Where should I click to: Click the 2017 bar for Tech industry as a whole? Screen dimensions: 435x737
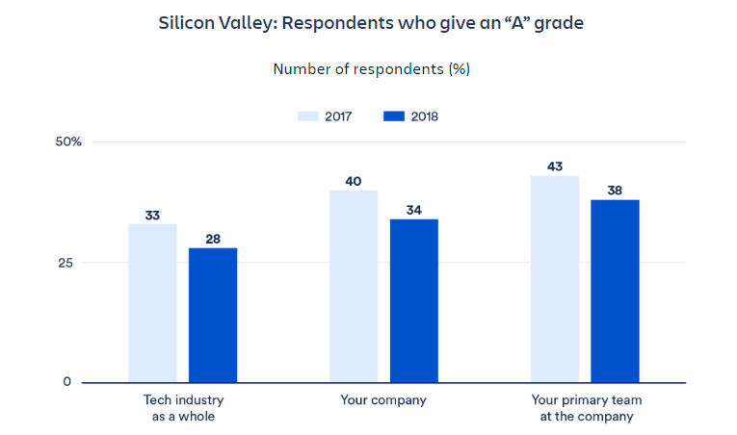[x=152, y=303]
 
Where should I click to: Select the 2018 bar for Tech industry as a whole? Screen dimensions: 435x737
[x=213, y=315]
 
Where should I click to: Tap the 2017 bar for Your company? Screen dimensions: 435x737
[x=354, y=286]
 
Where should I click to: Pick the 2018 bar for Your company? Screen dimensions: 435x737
[x=414, y=300]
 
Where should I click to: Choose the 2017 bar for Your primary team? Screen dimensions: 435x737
[x=555, y=279]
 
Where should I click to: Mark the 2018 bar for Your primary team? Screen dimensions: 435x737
[x=616, y=291]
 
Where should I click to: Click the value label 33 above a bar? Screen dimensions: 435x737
[x=152, y=216]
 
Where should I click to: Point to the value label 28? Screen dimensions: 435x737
[x=213, y=240]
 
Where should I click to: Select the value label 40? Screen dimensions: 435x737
[x=354, y=182]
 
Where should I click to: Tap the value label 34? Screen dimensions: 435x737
[x=414, y=211]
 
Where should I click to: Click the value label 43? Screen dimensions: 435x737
[x=555, y=166]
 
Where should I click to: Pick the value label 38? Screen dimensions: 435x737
[x=616, y=191]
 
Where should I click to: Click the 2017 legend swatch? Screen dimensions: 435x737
[x=307, y=116]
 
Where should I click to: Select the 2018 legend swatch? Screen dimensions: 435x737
[x=394, y=116]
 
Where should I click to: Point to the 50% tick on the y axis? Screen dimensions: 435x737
[x=68, y=141]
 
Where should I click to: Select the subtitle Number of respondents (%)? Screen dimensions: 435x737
[x=371, y=69]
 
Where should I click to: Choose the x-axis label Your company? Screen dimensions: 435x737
[x=383, y=398]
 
